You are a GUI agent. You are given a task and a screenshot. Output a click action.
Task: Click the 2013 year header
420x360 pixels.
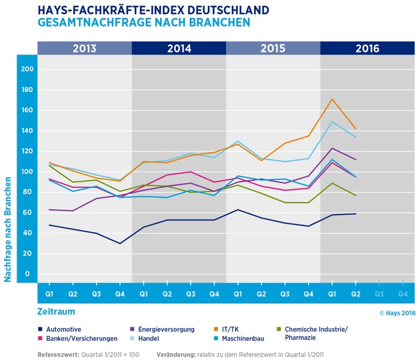pos(84,49)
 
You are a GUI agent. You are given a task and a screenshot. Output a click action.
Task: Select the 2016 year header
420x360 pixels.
pos(367,49)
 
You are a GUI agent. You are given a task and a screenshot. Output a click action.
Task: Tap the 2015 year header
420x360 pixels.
pos(273,49)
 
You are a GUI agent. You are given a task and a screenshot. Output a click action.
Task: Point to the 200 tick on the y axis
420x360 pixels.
pos(27,69)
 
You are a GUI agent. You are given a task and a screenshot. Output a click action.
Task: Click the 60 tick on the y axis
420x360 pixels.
pos(27,212)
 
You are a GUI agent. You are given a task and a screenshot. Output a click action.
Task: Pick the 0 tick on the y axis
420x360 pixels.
pos(27,273)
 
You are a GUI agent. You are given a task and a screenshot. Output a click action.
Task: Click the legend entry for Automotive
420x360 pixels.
pos(61,329)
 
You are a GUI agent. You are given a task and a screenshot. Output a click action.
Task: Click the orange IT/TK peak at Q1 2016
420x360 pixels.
pos(332,99)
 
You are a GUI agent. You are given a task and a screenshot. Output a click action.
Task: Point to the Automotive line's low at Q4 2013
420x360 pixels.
pos(120,243)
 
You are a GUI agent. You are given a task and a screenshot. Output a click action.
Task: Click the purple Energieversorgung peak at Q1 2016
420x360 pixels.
pos(332,148)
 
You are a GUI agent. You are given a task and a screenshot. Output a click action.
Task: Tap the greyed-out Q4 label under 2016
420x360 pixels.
pos(402,293)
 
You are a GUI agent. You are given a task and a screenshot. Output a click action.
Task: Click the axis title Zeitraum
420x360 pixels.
pos(57,311)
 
